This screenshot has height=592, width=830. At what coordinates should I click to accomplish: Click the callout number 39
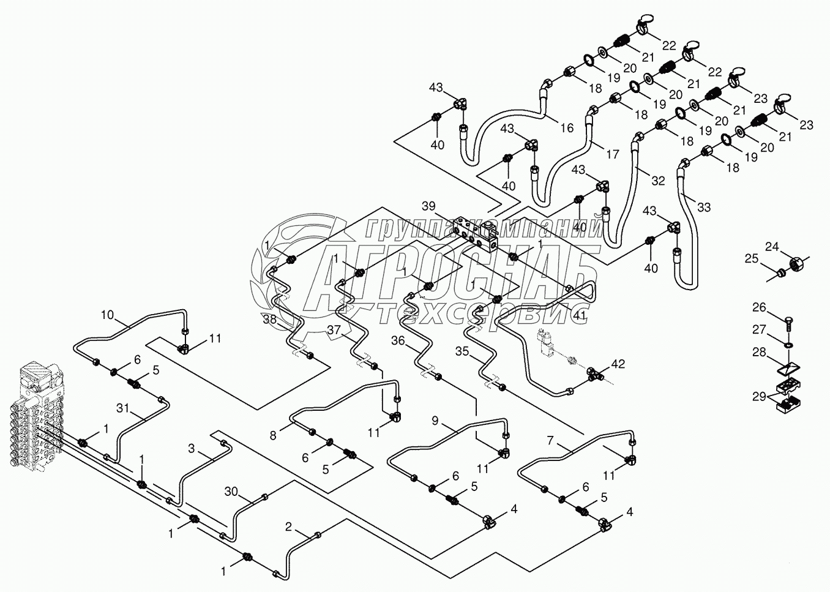tap(429, 206)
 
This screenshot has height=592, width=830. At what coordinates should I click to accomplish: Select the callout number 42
tap(618, 364)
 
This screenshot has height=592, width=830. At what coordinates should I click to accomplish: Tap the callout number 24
tap(772, 247)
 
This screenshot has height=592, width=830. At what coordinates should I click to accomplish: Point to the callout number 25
tap(752, 258)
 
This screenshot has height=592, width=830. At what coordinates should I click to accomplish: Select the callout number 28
tap(759, 352)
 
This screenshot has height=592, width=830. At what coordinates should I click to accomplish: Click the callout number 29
tap(759, 397)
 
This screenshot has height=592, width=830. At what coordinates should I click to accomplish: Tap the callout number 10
tap(108, 315)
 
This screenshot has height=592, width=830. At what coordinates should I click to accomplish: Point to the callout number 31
tap(122, 408)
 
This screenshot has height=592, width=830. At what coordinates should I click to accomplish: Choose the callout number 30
tap(231, 492)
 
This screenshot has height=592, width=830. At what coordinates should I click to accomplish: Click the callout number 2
tap(289, 526)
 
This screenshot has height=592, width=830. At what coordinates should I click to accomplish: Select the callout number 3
tap(191, 449)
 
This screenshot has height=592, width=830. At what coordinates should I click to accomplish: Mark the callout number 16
tap(567, 129)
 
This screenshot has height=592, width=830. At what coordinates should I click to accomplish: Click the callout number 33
tap(704, 207)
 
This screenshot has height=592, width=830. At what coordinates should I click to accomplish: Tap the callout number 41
tap(580, 315)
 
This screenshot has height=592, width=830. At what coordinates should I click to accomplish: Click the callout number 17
tap(613, 154)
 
